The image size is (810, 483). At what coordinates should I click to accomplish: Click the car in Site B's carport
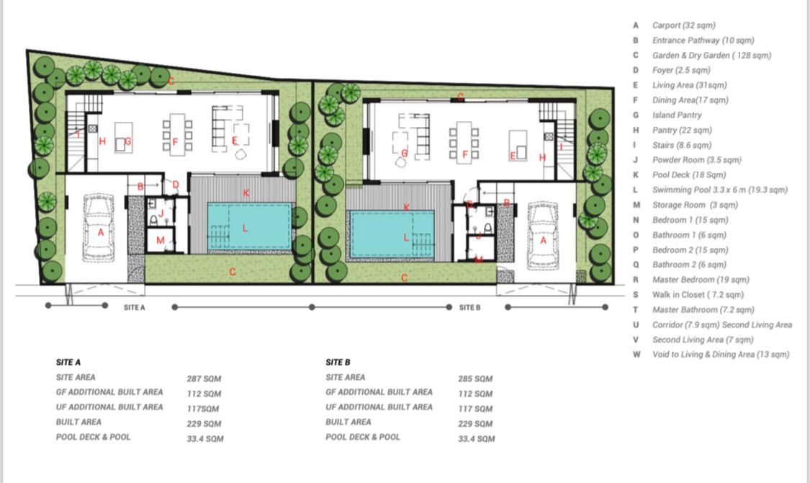click(542, 236)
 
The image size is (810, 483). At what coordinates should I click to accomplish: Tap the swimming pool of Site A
click(250, 227)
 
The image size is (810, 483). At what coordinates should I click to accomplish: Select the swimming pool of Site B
click(392, 234)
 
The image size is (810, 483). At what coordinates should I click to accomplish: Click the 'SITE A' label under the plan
click(135, 308)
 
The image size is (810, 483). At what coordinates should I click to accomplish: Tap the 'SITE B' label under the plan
click(469, 308)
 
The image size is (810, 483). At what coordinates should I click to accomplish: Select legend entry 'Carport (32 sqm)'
click(683, 25)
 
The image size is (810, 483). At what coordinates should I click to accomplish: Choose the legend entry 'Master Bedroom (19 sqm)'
click(701, 280)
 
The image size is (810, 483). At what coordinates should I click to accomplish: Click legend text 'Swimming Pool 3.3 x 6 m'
click(699, 190)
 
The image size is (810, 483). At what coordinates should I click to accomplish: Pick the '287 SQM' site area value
click(204, 378)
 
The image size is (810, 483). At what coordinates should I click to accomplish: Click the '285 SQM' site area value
click(475, 378)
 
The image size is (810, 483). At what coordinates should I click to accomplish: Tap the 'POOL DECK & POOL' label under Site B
click(363, 437)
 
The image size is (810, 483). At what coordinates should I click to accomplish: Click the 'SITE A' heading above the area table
click(68, 362)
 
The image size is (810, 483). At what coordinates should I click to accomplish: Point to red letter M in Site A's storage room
click(160, 240)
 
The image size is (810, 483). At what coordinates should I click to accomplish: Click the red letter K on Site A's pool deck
click(246, 193)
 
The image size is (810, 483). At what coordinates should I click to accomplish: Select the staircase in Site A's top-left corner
click(82, 133)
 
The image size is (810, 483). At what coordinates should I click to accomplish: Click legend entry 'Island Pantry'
click(677, 115)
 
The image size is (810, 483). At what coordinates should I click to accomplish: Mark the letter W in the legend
click(636, 355)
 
